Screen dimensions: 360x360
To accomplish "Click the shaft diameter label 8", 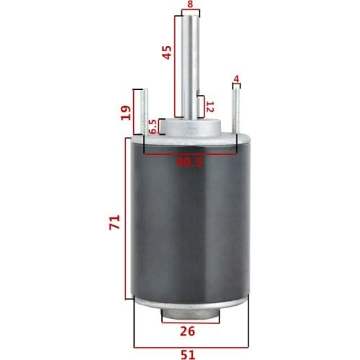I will tap(190, 4).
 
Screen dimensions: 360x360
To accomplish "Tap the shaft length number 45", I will tap(167, 53).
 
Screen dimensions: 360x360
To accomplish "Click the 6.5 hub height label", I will tap(153, 127).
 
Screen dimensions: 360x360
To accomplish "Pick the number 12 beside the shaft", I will tap(210, 108).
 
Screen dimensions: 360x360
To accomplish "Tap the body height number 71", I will tap(112, 226).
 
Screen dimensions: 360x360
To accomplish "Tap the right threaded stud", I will tap(235, 108).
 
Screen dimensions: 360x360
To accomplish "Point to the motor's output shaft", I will tap(190, 65).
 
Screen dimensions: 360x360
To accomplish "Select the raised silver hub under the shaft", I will tap(190, 129).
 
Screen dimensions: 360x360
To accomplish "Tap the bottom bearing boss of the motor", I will tap(190, 315).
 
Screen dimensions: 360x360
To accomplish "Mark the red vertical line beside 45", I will tap(175, 65).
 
